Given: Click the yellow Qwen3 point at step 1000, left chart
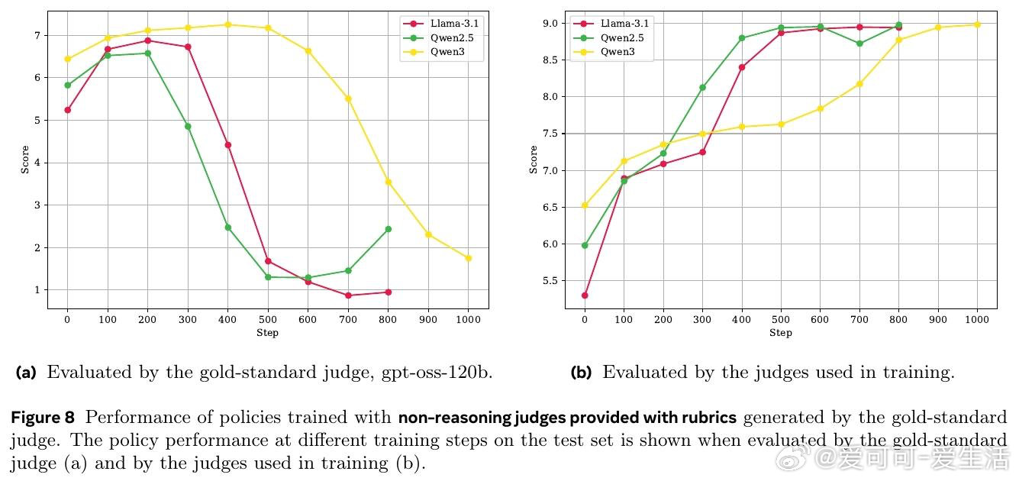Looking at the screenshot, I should click(x=468, y=258).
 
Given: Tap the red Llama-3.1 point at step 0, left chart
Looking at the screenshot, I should click(x=67, y=110).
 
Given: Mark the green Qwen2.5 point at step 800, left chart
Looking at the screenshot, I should click(x=388, y=229).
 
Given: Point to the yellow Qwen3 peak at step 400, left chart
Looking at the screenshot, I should click(x=227, y=24).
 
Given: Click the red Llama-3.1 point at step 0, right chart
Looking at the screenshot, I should click(x=585, y=295).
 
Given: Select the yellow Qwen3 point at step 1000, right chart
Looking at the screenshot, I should click(x=977, y=24).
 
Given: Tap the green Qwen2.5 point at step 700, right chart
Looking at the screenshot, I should click(x=859, y=44).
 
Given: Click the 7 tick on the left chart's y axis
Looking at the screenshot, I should click(x=36, y=35).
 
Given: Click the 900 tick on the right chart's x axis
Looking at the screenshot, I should click(x=938, y=320).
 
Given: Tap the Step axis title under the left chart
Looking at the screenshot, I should click(x=267, y=333).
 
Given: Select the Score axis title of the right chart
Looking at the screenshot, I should click(x=534, y=160).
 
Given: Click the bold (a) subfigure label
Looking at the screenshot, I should click(x=26, y=373).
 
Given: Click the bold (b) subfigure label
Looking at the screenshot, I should click(x=582, y=373).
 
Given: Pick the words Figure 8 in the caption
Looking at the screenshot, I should click(x=43, y=418).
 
